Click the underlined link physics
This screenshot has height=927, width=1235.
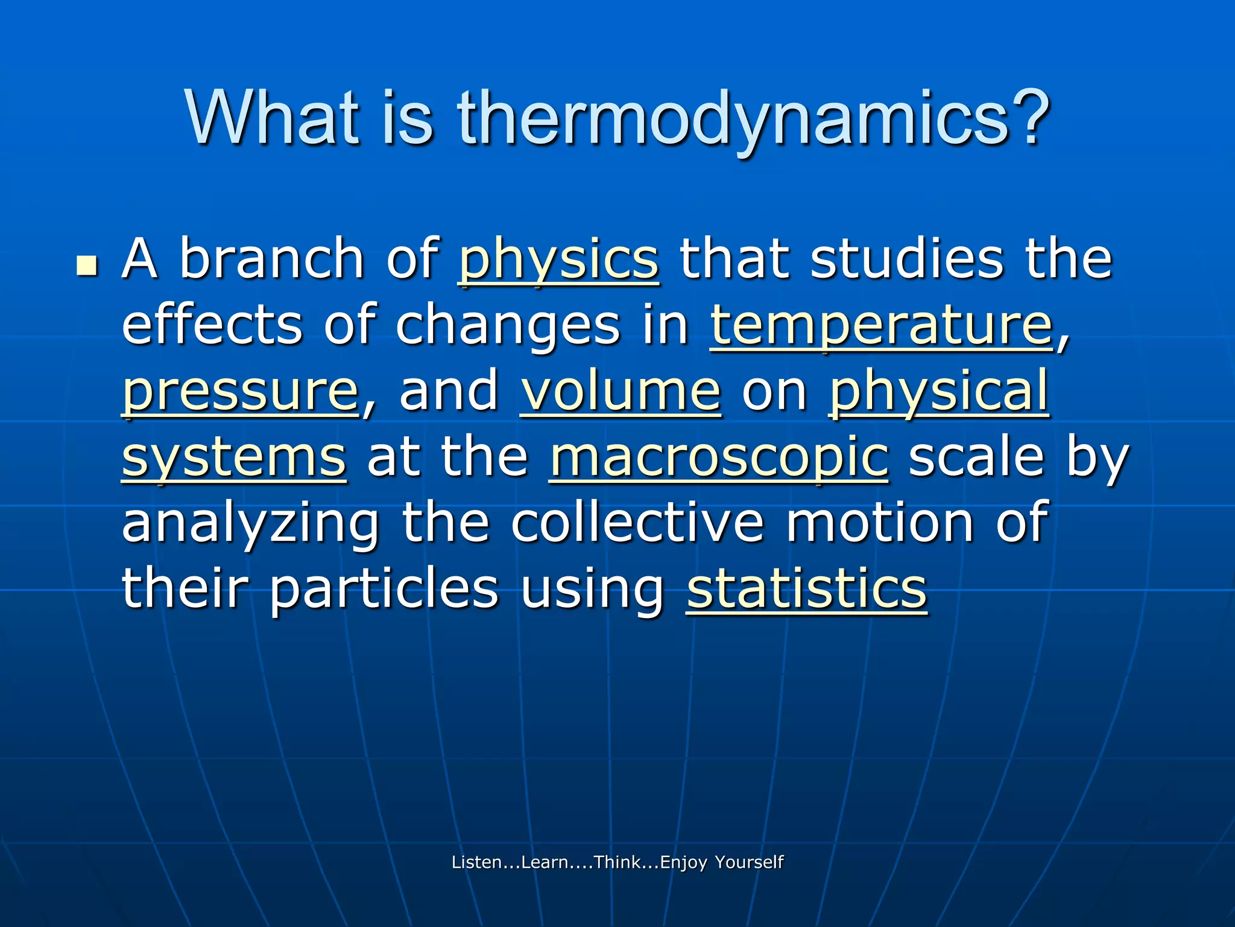(558, 260)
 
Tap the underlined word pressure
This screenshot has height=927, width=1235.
(241, 392)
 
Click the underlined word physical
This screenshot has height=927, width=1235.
(939, 392)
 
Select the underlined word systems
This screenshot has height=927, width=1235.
(234, 457)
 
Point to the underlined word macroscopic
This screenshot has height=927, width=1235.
(718, 457)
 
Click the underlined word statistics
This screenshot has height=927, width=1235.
(806, 588)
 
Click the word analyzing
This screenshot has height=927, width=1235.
(250, 523)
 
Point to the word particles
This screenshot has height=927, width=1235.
(384, 588)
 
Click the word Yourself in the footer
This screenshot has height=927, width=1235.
(749, 862)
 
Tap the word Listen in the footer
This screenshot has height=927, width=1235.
(476, 862)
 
